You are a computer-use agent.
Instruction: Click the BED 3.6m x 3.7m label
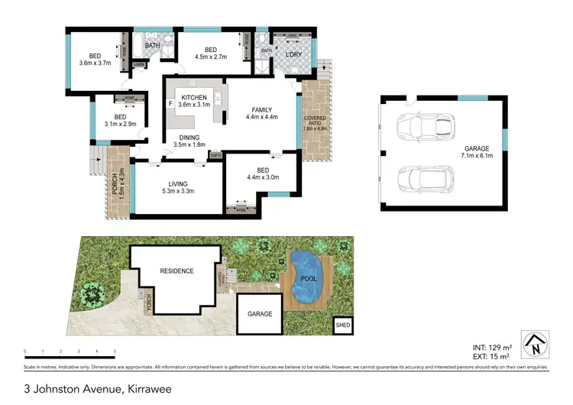(x=95, y=60)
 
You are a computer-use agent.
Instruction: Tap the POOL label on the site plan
(x=309, y=280)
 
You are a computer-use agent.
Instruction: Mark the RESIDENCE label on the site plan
(x=176, y=271)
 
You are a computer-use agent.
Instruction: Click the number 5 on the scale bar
(x=115, y=352)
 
